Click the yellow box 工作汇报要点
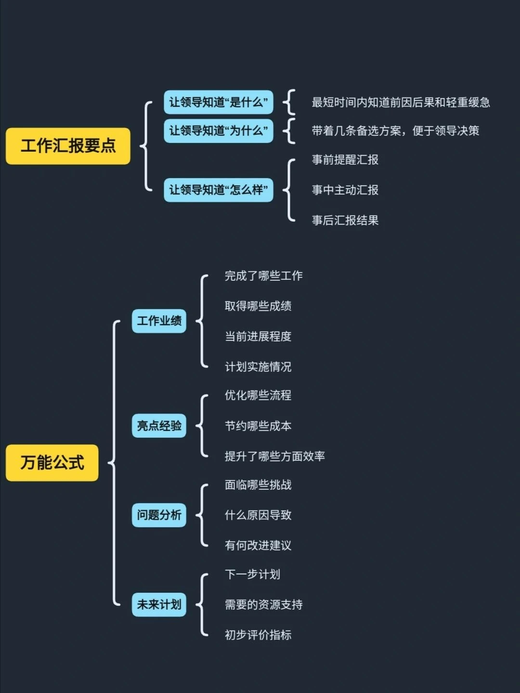(x=68, y=146)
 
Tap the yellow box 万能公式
(x=52, y=463)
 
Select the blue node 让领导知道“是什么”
(x=218, y=103)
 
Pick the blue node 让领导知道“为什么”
(x=218, y=131)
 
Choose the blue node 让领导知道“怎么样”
(x=218, y=190)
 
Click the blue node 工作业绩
(x=159, y=321)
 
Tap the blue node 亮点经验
(x=159, y=426)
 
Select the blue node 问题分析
(x=159, y=515)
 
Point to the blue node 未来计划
(x=159, y=604)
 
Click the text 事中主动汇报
(x=345, y=190)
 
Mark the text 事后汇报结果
(x=345, y=221)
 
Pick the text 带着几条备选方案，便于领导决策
(x=395, y=131)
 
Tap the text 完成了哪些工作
(x=263, y=276)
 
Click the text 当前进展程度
(x=258, y=336)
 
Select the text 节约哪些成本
(x=258, y=426)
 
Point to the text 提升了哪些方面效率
(x=274, y=457)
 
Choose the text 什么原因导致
(x=258, y=515)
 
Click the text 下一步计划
(x=252, y=575)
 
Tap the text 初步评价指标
(x=258, y=635)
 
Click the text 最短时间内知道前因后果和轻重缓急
(x=401, y=103)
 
